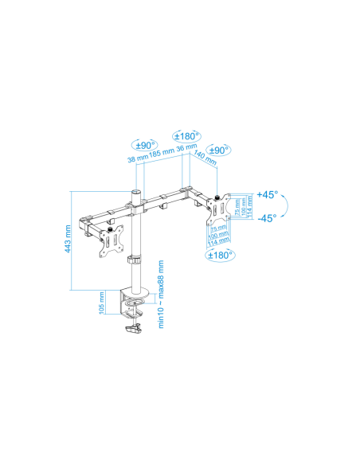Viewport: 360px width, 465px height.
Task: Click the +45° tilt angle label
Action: (267, 195)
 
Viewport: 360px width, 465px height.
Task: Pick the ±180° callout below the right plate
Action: (221, 256)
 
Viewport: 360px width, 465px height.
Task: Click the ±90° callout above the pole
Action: (144, 144)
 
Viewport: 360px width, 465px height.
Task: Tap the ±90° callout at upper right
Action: (218, 150)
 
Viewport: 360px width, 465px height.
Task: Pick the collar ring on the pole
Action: (136, 260)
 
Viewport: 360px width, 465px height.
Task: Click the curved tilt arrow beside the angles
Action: (284, 206)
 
